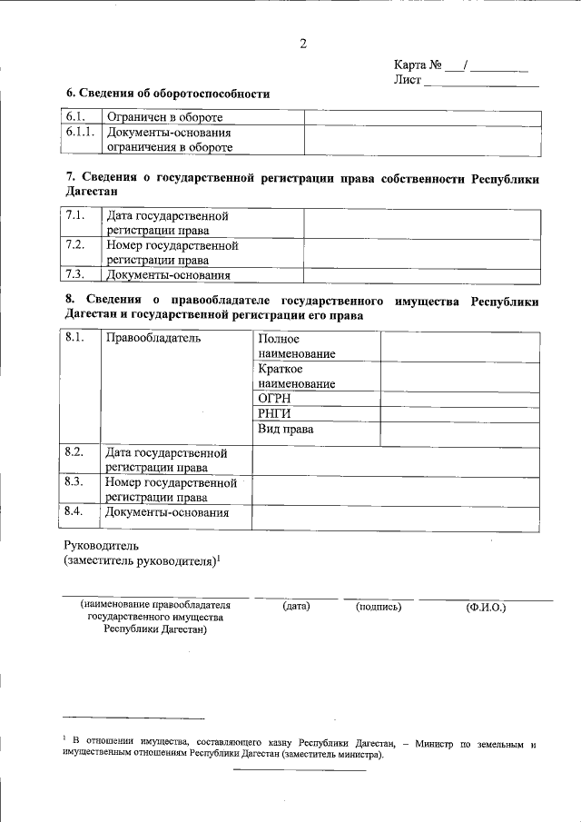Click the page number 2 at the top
(303, 43)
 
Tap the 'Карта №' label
(419, 64)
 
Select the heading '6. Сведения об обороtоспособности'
(168, 94)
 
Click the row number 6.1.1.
(81, 132)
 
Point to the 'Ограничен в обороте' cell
(164, 117)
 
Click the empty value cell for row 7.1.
(421, 223)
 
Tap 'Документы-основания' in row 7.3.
(168, 275)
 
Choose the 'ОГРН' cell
(273, 399)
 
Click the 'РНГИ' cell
(273, 414)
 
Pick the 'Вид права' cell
(285, 430)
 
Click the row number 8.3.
(75, 482)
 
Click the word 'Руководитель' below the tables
(101, 546)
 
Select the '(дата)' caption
(296, 606)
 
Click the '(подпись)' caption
(379, 606)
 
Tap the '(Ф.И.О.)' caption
(486, 606)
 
